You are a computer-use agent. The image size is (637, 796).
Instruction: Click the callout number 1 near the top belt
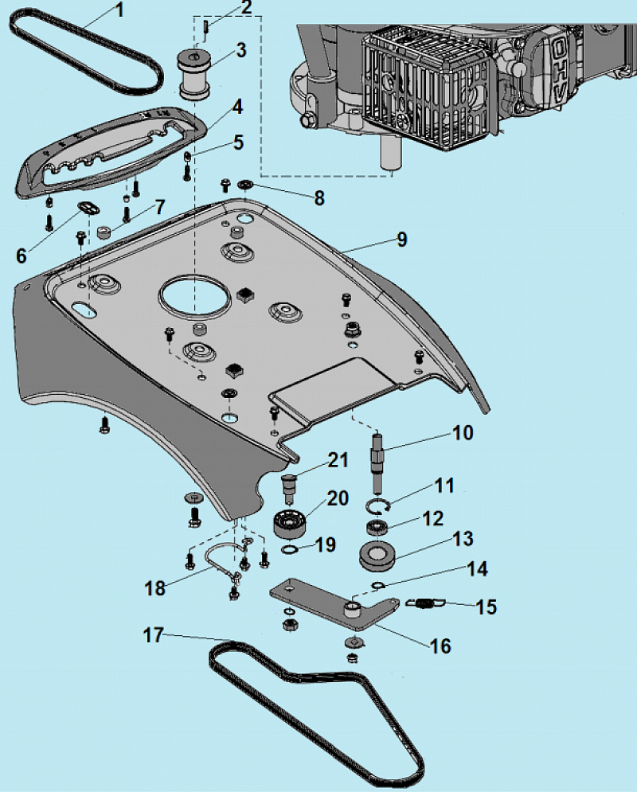point(120,10)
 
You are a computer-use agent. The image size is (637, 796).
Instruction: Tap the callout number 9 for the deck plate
point(402,240)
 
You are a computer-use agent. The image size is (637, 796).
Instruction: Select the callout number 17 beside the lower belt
point(154,635)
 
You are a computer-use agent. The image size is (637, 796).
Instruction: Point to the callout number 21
point(338,460)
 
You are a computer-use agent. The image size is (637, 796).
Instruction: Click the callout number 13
point(463,539)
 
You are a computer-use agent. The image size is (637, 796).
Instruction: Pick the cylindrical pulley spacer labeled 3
point(196,74)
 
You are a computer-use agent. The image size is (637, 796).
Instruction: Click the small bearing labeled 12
point(377,527)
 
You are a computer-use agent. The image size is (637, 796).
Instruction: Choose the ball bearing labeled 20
point(290,524)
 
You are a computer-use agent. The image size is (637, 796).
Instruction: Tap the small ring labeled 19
point(289,549)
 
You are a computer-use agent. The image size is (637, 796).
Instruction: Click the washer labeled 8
point(245,184)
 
